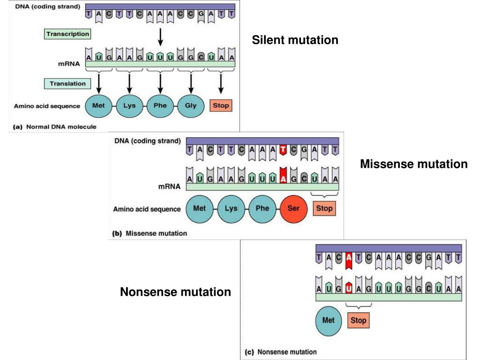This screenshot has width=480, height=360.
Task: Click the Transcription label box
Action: click(67, 34)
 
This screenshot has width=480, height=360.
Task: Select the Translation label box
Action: click(67, 83)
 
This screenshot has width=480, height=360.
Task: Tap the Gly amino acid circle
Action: click(191, 105)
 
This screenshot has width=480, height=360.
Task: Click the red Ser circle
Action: click(293, 208)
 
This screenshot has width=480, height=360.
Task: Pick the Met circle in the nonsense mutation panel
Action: click(329, 321)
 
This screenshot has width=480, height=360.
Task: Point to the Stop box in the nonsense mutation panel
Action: click(358, 321)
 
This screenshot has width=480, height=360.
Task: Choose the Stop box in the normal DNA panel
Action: click(221, 105)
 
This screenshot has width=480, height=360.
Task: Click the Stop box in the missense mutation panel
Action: click(324, 208)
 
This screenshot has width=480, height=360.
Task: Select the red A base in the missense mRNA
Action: click(283, 178)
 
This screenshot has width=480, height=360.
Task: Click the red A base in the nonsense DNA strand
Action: click(348, 259)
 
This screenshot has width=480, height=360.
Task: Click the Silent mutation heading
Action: click(295, 40)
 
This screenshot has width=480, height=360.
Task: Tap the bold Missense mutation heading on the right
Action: click(413, 164)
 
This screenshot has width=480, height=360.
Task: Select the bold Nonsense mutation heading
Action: click(175, 292)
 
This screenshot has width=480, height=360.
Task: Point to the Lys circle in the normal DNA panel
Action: click(129, 105)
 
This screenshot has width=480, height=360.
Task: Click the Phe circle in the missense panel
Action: click(262, 208)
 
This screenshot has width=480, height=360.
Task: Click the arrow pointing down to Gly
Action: click(191, 83)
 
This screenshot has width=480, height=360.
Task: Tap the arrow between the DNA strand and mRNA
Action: click(160, 36)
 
